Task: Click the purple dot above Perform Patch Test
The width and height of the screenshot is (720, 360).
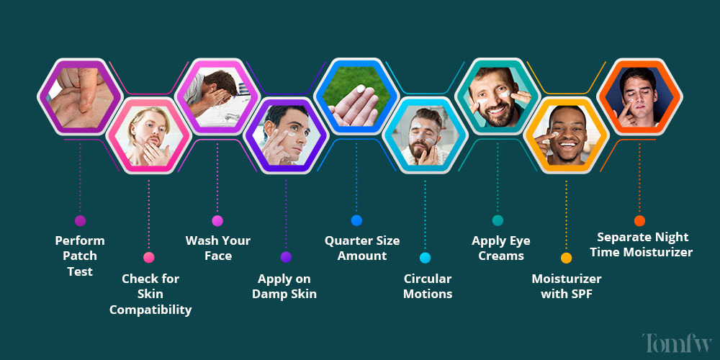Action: click(x=80, y=221)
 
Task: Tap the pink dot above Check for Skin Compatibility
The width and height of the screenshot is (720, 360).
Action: click(x=149, y=257)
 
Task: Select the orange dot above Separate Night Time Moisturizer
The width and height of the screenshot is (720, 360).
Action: click(x=639, y=221)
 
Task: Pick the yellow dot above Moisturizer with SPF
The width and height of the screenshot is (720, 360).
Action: click(x=566, y=258)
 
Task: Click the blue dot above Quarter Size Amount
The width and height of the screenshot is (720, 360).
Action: click(x=356, y=220)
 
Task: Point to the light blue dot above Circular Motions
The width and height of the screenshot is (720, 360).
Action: click(x=425, y=258)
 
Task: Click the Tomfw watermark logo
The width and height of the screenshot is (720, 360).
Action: click(x=677, y=343)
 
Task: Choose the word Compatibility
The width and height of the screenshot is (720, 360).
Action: click(x=150, y=310)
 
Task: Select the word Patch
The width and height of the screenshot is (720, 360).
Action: click(x=80, y=256)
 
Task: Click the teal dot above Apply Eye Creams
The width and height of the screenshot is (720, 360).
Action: click(x=498, y=220)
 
